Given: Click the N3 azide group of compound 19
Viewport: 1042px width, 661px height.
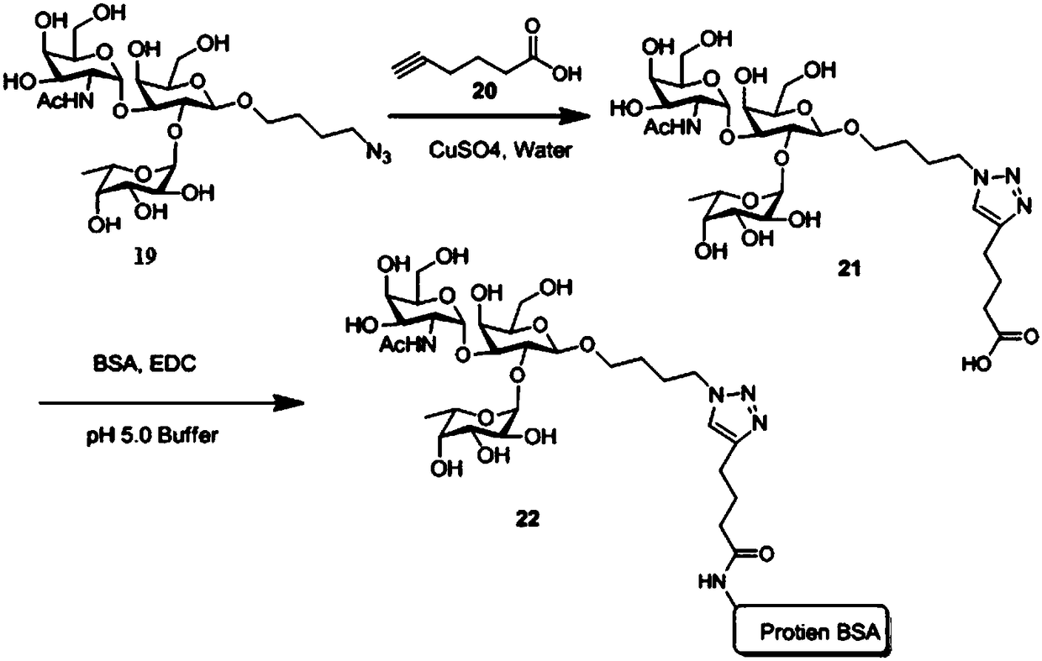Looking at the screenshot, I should click(380, 155).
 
